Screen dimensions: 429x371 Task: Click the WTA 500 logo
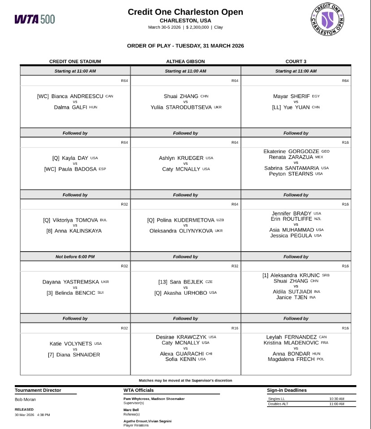point(35,19)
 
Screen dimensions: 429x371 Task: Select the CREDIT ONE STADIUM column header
point(75,61)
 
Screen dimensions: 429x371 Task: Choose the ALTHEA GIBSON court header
point(185,61)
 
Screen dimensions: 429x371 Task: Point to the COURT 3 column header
point(296,61)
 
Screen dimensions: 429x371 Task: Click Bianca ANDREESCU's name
point(78,96)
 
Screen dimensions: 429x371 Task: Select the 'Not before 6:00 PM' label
point(75,257)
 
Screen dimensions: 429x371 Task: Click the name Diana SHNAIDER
point(80,355)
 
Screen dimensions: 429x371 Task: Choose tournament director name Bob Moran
point(26,399)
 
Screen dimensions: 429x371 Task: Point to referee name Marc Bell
point(132,410)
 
